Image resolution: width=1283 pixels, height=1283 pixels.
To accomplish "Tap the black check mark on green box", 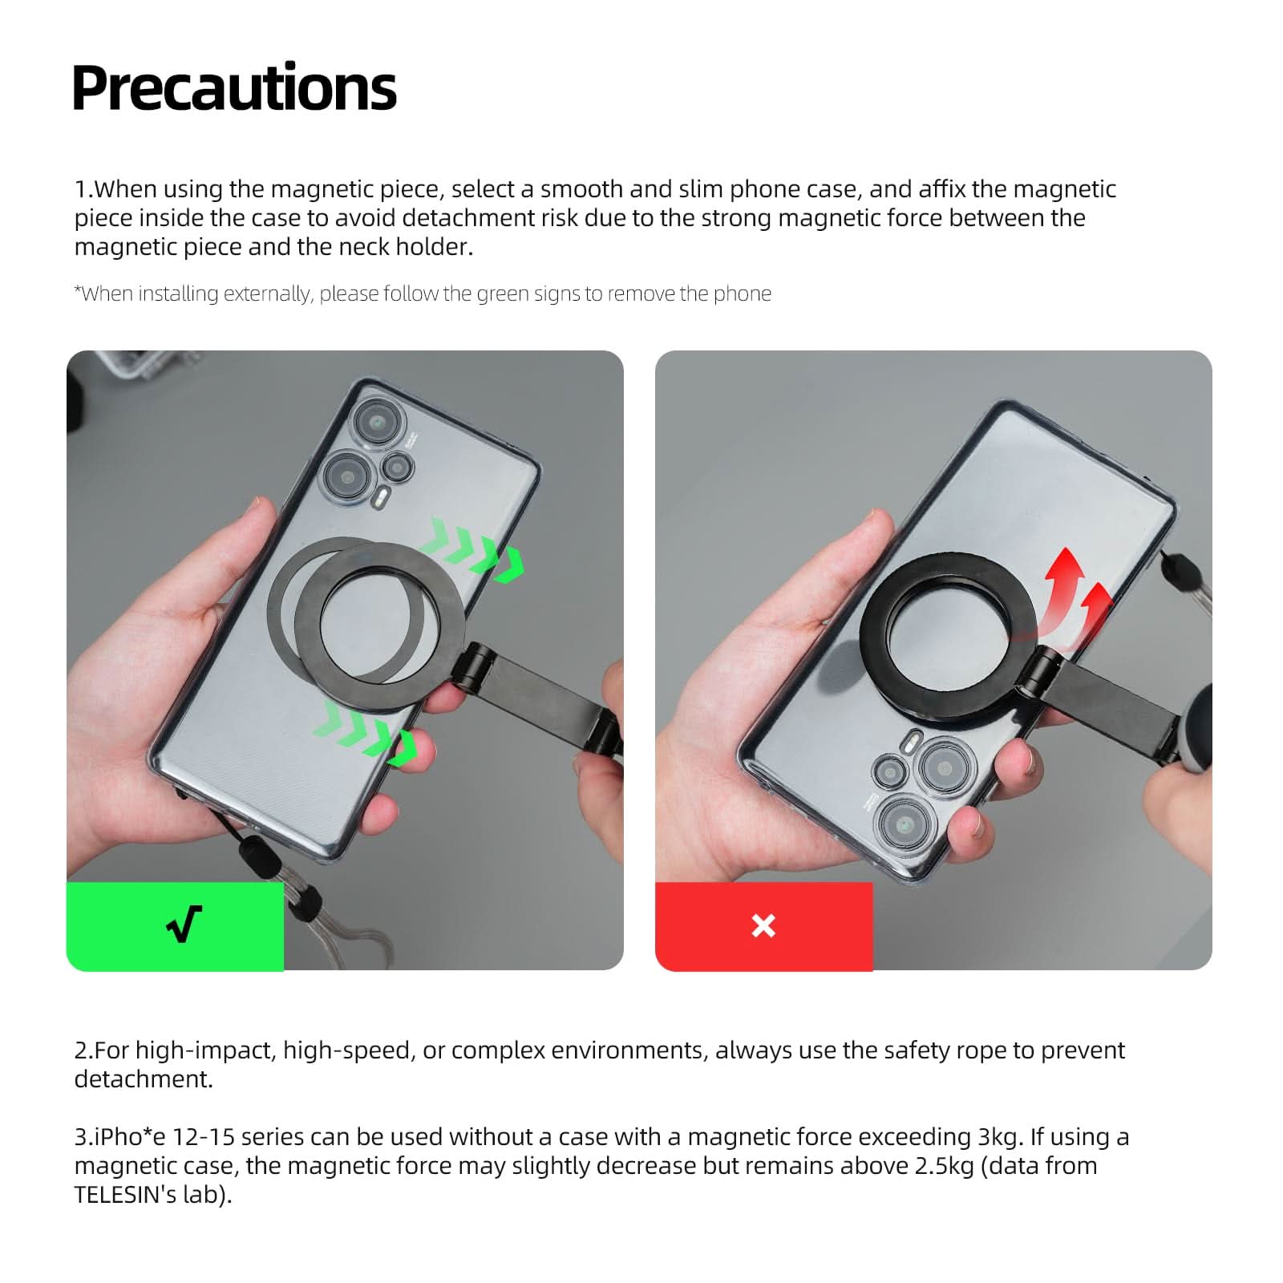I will point(184,925).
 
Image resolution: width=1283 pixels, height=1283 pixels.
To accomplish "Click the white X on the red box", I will point(763,925).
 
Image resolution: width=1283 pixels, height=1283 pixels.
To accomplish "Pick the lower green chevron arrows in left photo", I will point(364,729).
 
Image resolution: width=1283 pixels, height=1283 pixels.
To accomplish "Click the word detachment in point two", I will point(144,1079).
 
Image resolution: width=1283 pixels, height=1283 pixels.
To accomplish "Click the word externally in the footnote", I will point(267,293).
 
